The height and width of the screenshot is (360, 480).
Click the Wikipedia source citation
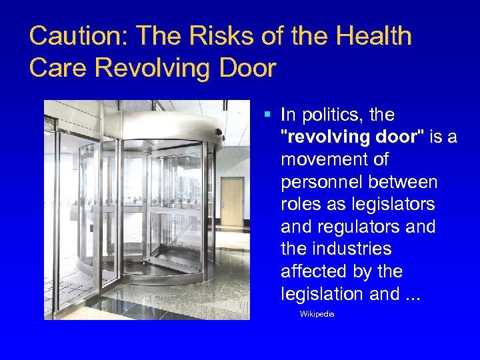click(317, 313)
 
